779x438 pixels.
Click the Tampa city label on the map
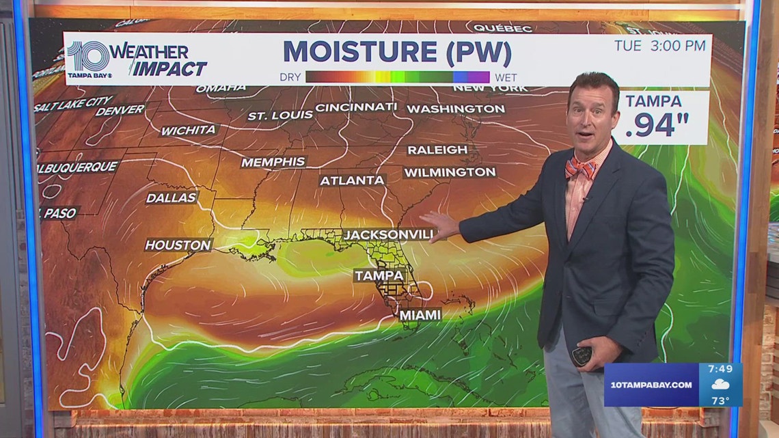[x=379, y=275]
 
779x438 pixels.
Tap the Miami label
[x=420, y=314]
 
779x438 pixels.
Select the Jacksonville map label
[x=389, y=234]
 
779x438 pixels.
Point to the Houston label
[x=178, y=245]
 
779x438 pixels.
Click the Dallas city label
[x=171, y=198]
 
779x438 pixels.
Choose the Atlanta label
[x=352, y=180]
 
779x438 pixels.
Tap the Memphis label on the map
[x=273, y=162]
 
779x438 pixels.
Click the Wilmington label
[x=449, y=172]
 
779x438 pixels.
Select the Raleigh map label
[x=437, y=150]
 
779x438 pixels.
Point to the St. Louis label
[x=280, y=115]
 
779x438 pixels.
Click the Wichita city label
[x=188, y=130]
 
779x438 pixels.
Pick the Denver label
[x=120, y=110]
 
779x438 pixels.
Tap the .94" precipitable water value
[x=657, y=126]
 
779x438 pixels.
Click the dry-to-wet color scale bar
[x=397, y=77]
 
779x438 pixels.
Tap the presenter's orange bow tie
[x=579, y=167]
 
